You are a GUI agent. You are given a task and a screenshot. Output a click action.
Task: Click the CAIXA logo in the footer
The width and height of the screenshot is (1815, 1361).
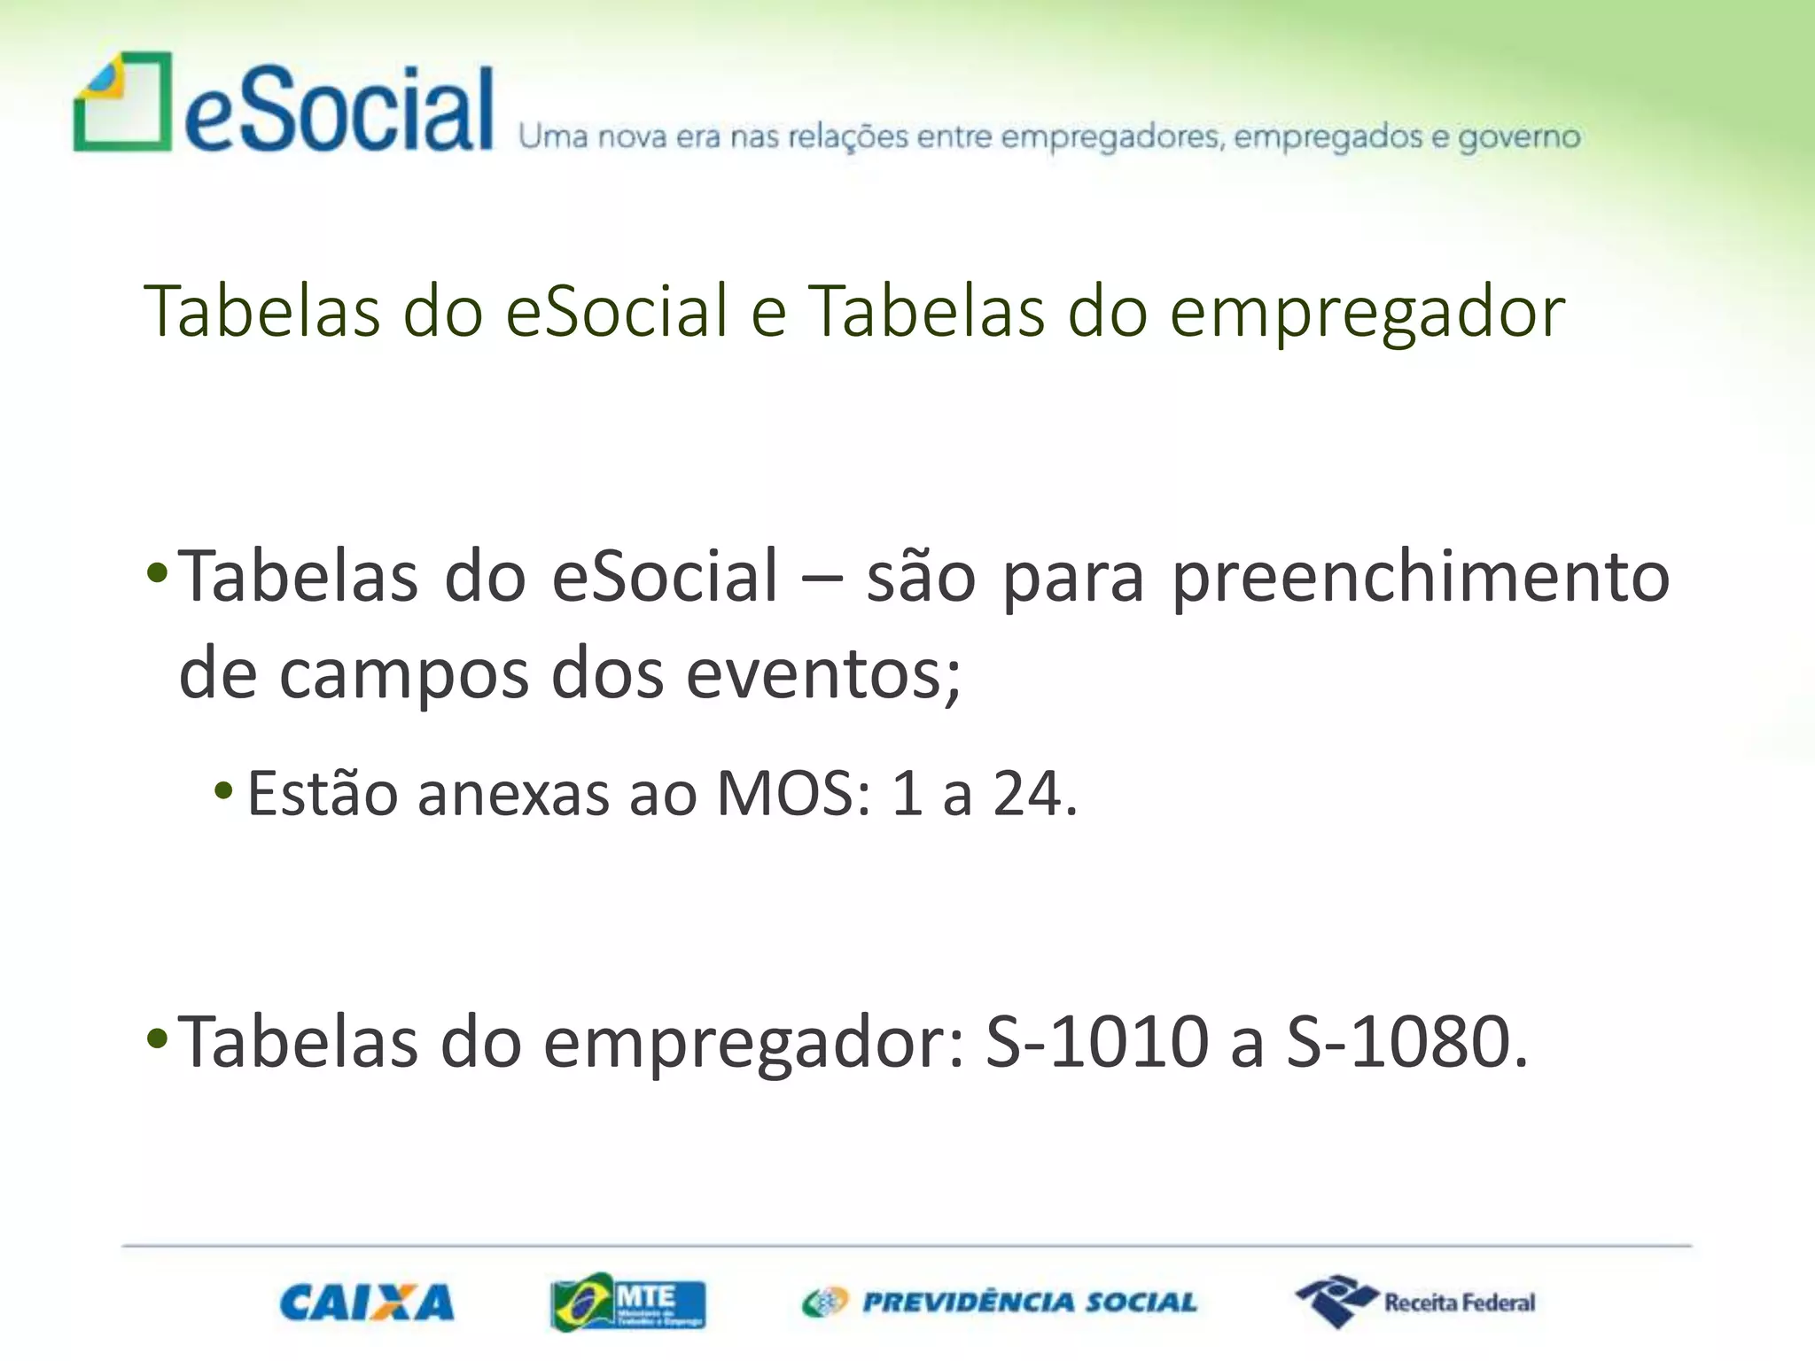tap(367, 1303)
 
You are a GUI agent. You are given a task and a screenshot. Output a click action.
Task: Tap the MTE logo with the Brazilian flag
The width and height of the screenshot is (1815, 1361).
tap(627, 1302)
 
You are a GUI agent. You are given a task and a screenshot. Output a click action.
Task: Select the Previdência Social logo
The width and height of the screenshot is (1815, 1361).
tap(999, 1302)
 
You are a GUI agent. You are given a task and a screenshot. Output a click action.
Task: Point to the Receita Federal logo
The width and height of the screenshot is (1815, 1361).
tap(1415, 1302)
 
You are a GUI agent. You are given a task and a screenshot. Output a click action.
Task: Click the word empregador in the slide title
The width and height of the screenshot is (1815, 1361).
tap(1367, 312)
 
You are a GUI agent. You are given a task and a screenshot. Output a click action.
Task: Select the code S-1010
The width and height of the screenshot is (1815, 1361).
tap(1097, 1042)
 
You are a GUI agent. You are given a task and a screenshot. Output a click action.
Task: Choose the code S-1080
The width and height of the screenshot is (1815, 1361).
tap(1400, 1042)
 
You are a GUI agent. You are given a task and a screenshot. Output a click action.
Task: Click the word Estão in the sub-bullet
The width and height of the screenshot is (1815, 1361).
tap(323, 793)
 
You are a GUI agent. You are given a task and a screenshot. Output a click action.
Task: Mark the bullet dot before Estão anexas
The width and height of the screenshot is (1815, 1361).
tap(224, 789)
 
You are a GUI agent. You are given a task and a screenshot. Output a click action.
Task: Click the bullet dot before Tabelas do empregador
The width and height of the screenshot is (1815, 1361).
tap(157, 1037)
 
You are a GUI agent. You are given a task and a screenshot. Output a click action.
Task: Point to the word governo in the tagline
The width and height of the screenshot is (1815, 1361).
tap(1519, 138)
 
